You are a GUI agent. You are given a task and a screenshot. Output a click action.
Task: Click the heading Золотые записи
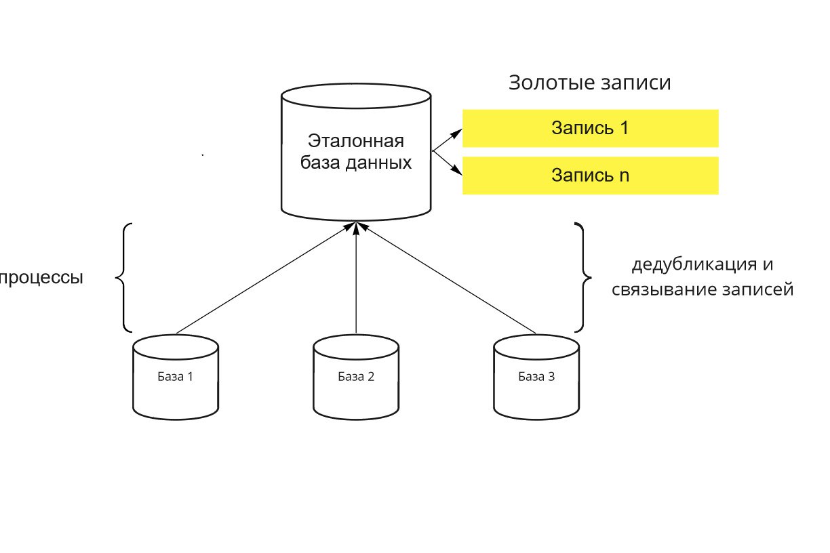pyautogui.click(x=589, y=83)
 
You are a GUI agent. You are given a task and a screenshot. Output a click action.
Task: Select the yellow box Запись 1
pyautogui.click(x=590, y=129)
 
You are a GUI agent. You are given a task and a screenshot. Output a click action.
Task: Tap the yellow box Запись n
pyautogui.click(x=590, y=176)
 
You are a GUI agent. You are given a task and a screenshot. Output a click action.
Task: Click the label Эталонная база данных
pyautogui.click(x=356, y=152)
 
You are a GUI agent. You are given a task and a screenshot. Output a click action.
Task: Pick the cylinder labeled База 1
pyautogui.click(x=176, y=377)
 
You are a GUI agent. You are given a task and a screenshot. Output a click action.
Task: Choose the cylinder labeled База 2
pyautogui.click(x=356, y=377)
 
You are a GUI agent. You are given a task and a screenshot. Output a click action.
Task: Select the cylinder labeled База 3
pyautogui.click(x=536, y=377)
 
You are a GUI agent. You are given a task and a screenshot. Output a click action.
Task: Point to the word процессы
pyautogui.click(x=41, y=277)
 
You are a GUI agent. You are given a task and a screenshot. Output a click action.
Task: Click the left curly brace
pyautogui.click(x=123, y=277)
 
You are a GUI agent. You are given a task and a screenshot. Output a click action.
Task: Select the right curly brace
pyautogui.click(x=583, y=277)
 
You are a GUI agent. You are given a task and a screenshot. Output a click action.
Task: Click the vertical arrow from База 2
pyautogui.click(x=356, y=278)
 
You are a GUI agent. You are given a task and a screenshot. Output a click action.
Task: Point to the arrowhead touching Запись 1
pyautogui.click(x=457, y=133)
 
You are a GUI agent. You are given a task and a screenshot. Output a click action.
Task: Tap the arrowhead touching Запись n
pyautogui.click(x=457, y=171)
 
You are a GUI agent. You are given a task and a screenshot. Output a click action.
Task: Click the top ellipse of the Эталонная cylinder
pyautogui.click(x=356, y=96)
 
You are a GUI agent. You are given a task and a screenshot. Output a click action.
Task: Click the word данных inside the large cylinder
pyautogui.click(x=378, y=163)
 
